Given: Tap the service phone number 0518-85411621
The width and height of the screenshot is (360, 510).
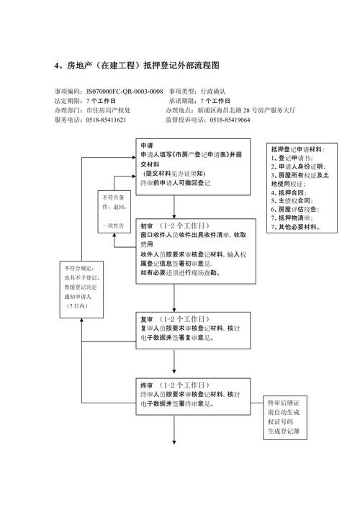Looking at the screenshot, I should [107, 120].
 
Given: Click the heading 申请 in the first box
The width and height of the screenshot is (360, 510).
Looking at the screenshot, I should [146, 145].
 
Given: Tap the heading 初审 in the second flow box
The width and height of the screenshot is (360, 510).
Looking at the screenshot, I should [147, 225].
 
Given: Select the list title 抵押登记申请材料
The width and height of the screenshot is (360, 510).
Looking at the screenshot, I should [297, 148].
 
